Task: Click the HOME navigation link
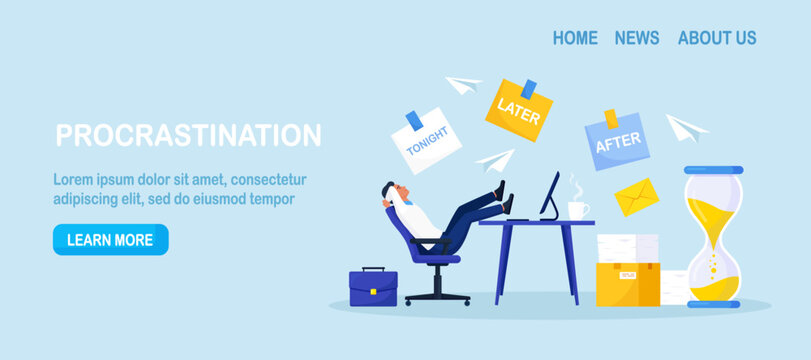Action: (575, 38)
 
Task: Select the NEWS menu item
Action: (637, 38)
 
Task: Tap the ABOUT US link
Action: (717, 38)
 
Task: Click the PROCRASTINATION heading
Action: (188, 135)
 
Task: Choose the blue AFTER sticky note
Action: (618, 140)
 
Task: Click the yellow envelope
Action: (637, 197)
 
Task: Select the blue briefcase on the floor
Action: (373, 287)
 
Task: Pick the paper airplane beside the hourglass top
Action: (687, 127)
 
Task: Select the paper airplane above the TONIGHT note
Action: (463, 86)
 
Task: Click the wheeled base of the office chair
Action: (438, 294)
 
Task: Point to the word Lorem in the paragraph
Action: (74, 180)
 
